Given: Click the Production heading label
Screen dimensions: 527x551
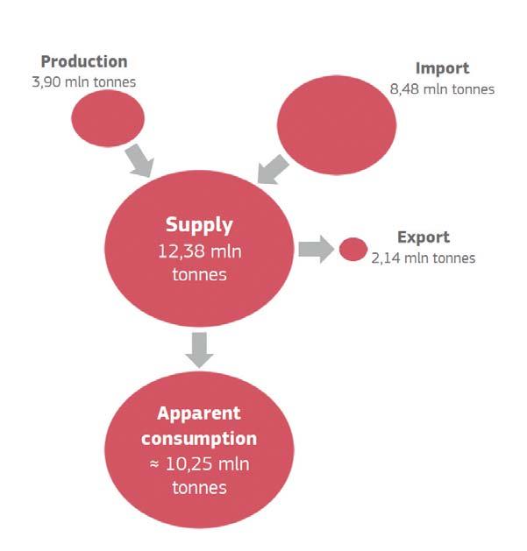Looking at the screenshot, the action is point(84,61).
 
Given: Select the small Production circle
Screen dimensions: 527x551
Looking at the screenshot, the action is point(107,117).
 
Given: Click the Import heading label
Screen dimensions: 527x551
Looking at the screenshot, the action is point(442,68).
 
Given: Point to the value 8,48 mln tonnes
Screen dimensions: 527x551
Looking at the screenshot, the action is point(442,88).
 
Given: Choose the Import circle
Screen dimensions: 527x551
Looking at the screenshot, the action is point(337,124).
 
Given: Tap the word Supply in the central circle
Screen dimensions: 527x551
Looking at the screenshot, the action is point(200,224).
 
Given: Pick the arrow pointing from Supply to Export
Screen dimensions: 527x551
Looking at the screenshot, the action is point(314,249).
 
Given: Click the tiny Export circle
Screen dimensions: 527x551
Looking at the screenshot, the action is point(353,249).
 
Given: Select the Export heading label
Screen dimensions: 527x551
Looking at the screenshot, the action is point(423,237).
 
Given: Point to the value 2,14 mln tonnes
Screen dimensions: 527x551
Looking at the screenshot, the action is point(423,258).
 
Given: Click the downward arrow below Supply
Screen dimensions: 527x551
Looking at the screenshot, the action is point(200,350).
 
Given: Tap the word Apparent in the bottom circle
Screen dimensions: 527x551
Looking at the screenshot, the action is point(199,413).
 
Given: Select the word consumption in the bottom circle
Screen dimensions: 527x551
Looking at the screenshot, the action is point(199,438).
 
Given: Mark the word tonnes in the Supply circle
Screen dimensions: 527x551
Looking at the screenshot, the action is point(200,274).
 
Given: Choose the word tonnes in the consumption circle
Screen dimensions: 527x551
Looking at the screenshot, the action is point(199,487).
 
